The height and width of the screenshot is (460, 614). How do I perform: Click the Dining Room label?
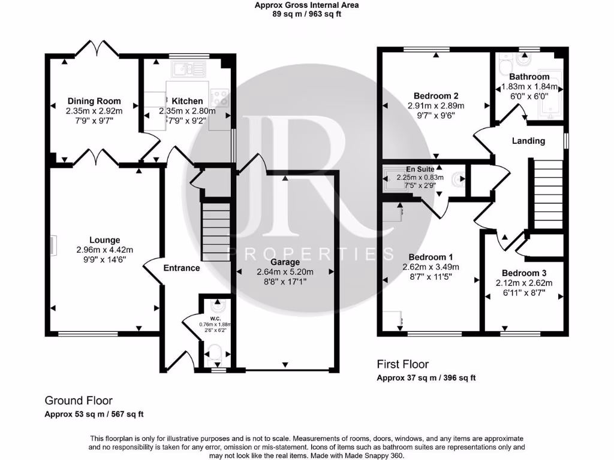click(94, 101)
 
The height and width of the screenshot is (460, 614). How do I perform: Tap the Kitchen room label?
click(187, 101)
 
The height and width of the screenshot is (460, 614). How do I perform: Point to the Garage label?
click(285, 262)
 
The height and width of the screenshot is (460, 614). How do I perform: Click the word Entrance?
click(182, 268)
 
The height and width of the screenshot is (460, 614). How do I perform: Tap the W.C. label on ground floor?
click(215, 318)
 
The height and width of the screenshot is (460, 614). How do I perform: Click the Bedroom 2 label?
click(436, 96)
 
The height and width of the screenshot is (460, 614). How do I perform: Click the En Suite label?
click(419, 170)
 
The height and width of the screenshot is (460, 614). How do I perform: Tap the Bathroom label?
click(529, 77)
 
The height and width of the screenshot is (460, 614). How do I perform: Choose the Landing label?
click(528, 141)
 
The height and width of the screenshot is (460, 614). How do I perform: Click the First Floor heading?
click(402, 364)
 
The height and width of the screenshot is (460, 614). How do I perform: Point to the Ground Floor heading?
click(79, 401)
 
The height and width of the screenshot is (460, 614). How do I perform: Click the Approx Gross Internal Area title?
click(306, 5)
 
